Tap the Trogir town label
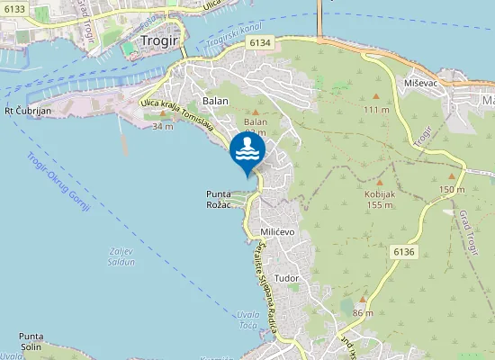click(161, 40)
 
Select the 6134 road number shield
click(260, 42)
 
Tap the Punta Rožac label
click(219, 199)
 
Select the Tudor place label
click(287, 279)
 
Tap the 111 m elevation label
click(376, 109)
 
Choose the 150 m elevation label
click(452, 190)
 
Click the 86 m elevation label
click(363, 312)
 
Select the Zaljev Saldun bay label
click(119, 256)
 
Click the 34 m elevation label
click(163, 127)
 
